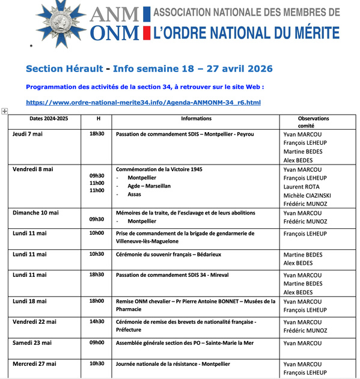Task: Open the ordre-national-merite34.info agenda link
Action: pos(144,102)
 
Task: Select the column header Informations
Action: pos(196,118)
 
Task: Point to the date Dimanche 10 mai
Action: pos(37,213)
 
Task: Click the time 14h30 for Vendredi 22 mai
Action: pos(97,321)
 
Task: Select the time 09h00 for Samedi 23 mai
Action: pos(97,342)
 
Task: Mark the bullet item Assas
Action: pos(135,195)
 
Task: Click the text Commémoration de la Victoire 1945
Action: pos(159,169)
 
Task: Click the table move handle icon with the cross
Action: pos(5,111)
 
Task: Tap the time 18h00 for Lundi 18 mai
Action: pos(97,301)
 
